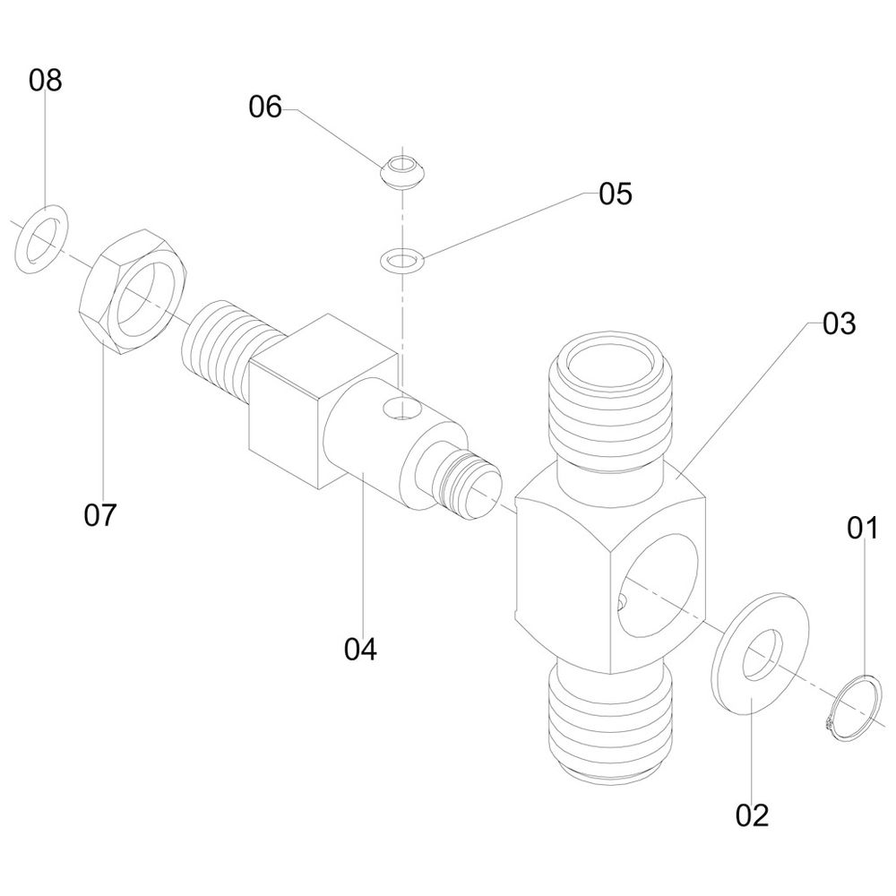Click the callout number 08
tap(45, 82)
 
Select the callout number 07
tap(100, 515)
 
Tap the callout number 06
tap(265, 108)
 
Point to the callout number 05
tap(616, 194)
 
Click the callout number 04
tap(361, 649)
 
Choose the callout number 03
tap(840, 324)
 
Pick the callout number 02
tap(753, 814)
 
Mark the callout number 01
tap(864, 529)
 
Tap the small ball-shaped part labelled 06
tap(402, 171)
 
